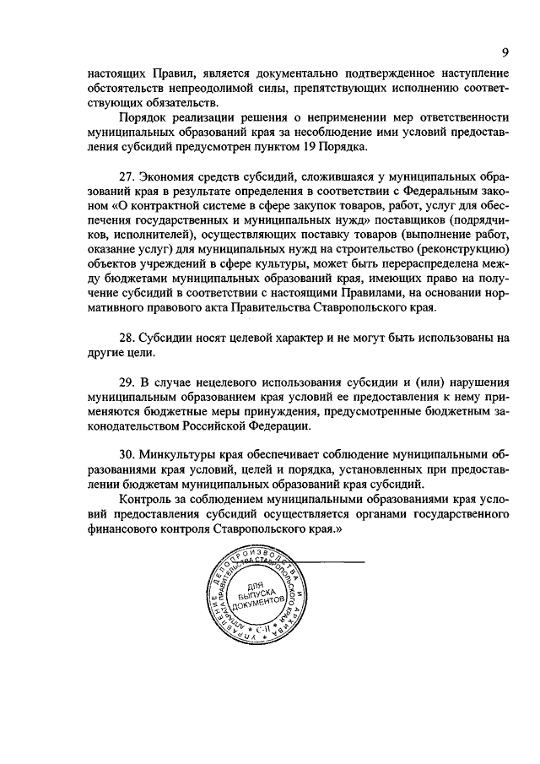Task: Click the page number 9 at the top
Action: [504, 52]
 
